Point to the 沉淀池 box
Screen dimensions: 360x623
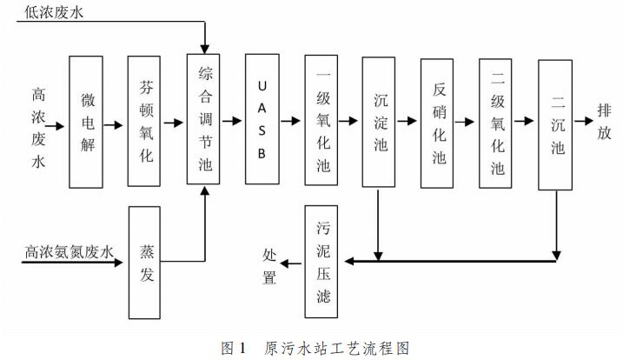click(x=380, y=123)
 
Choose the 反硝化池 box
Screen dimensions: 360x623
click(x=438, y=123)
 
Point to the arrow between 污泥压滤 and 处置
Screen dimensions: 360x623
click(x=292, y=260)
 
